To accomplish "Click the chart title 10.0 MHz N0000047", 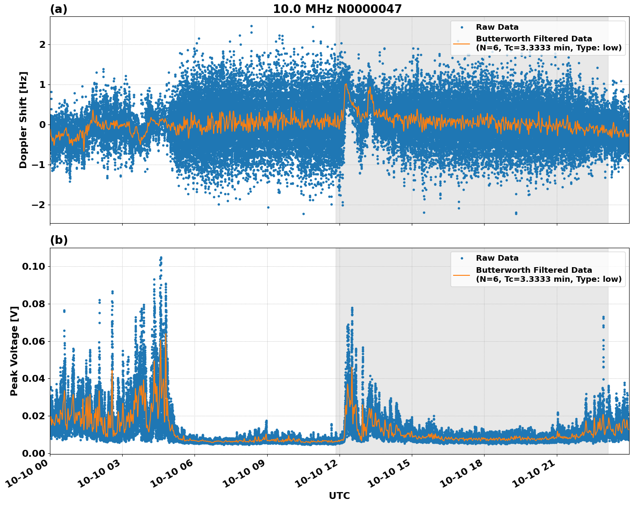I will (x=337, y=9).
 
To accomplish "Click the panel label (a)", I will (x=59, y=9).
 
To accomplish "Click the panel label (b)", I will (x=59, y=240).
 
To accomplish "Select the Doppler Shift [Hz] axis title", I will (x=23, y=120).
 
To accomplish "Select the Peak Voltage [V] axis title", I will (x=14, y=351).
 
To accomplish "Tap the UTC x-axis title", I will (x=339, y=496).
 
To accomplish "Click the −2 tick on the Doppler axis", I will (x=38, y=205).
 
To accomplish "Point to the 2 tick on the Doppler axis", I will (x=42, y=44).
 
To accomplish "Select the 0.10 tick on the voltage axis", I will (x=34, y=266).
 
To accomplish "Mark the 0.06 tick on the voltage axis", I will (x=34, y=341).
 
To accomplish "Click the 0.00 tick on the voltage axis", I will (x=34, y=453).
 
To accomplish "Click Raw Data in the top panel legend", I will (x=497, y=27).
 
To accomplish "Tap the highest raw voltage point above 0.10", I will (x=161, y=258).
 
